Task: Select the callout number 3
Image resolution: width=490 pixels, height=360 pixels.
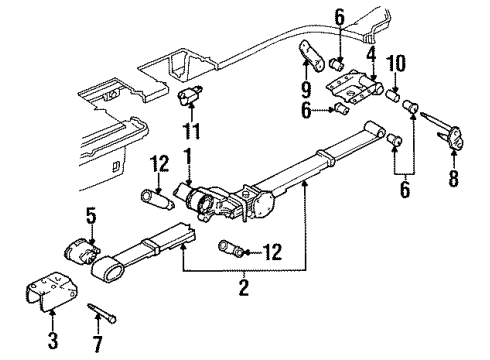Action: point(53,341)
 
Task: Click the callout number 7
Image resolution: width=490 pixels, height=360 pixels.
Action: point(97,345)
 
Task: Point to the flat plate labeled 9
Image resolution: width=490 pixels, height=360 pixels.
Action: point(311,60)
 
